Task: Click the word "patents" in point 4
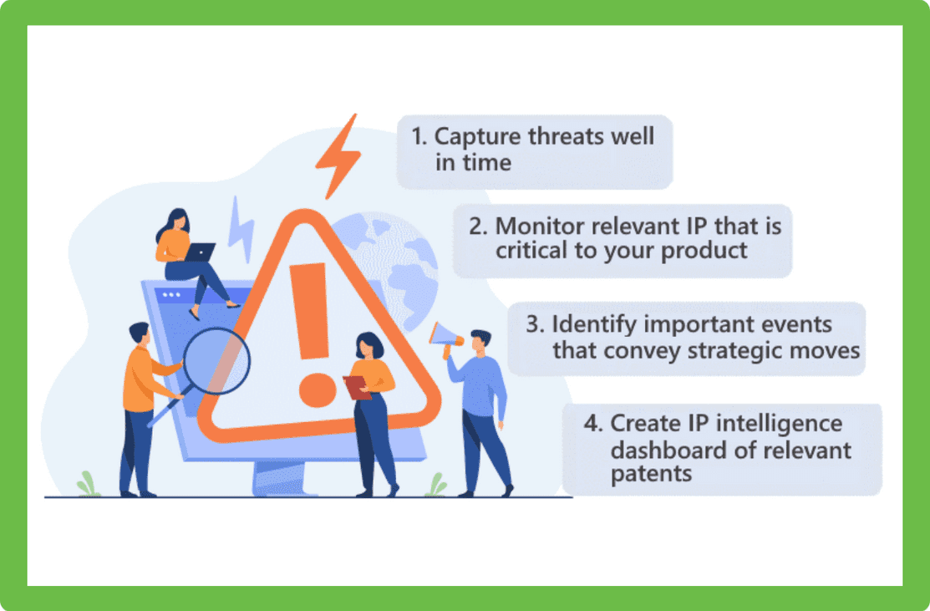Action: pos(651,474)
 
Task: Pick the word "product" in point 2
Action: pos(704,251)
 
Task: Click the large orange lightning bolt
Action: pos(339,156)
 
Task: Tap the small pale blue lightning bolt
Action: pos(241,229)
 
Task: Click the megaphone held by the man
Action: pos(445,339)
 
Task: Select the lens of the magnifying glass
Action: pos(216,361)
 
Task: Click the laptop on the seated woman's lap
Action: pos(199,252)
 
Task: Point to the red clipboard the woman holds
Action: pos(357,387)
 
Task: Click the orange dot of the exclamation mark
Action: pos(318,390)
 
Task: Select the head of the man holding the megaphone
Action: pos(480,341)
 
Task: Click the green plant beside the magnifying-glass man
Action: pos(88,484)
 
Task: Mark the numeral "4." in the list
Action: pos(593,424)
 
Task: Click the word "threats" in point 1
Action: pos(566,137)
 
